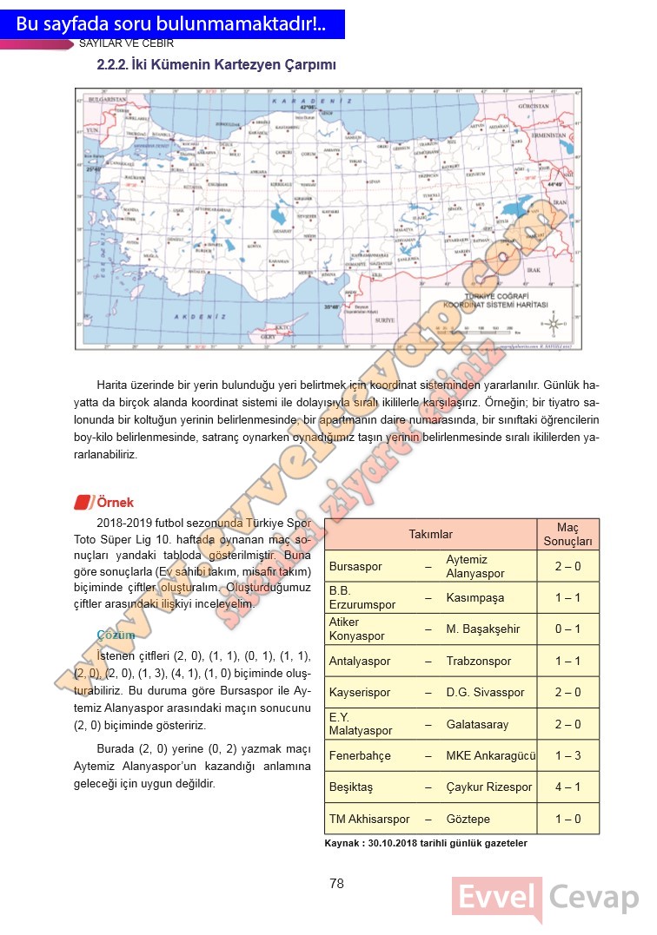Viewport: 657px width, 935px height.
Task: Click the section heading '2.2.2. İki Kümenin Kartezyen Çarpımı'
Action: point(216,65)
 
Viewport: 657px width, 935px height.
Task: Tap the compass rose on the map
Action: point(553,325)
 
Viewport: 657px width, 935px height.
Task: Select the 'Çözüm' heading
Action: point(116,635)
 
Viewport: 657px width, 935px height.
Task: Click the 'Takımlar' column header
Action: point(430,535)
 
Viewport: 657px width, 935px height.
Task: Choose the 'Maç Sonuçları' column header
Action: point(567,535)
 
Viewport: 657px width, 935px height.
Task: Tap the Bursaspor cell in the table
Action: point(355,567)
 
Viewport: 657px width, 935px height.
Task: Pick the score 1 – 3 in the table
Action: point(567,756)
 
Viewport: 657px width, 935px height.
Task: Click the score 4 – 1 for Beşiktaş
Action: point(567,787)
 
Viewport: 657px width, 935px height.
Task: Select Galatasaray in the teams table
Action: point(477,724)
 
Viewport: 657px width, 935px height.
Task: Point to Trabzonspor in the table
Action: point(478,662)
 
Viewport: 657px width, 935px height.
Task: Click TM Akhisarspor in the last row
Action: point(369,819)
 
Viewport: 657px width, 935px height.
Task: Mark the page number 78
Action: point(337,884)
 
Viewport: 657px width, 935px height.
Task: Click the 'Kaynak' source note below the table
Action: point(426,843)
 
